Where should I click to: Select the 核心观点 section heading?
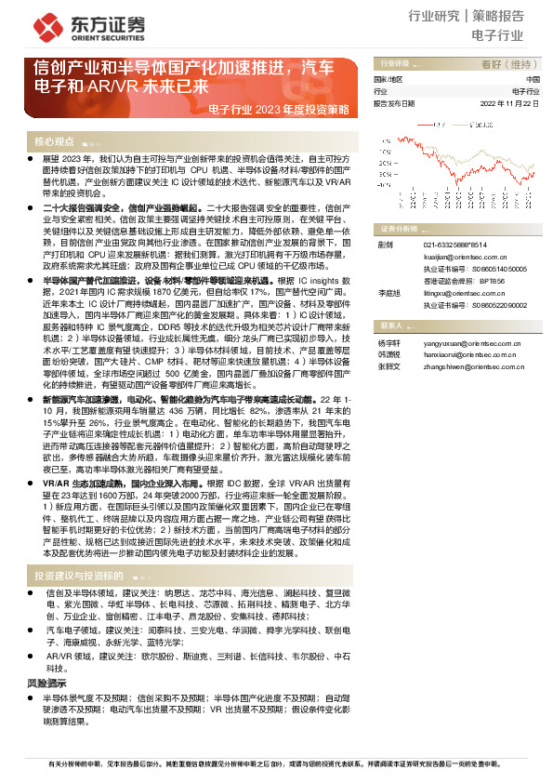click(54, 141)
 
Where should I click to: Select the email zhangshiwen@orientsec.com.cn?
click(469, 366)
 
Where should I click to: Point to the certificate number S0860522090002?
click(500, 304)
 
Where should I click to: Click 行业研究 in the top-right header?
click(435, 16)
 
